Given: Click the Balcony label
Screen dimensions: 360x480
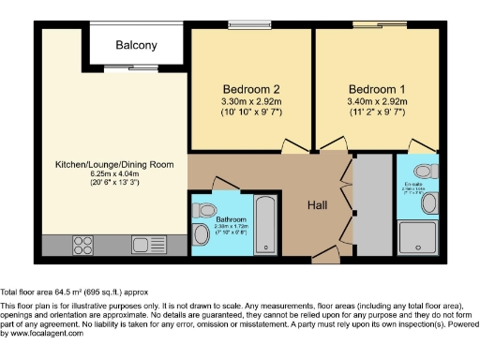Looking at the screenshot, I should [x=136, y=46].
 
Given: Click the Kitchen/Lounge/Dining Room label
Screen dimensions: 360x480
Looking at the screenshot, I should [x=114, y=165].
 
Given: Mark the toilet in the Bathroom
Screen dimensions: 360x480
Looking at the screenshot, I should [x=201, y=234].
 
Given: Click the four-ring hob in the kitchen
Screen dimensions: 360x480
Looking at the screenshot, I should [x=82, y=246].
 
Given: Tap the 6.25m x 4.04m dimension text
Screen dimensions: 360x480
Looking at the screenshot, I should [x=114, y=175].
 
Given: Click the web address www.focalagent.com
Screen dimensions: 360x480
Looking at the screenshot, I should [x=41, y=334].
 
